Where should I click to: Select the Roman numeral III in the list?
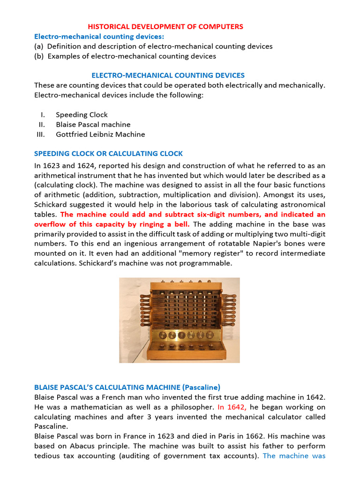point(41,134)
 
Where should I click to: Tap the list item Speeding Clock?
point(82,115)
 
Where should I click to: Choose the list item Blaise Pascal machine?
point(93,124)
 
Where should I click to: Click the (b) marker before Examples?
point(39,56)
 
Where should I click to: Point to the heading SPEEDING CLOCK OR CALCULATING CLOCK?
point(108,154)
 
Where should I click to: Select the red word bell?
point(180,224)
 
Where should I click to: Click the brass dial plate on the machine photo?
point(180,335)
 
